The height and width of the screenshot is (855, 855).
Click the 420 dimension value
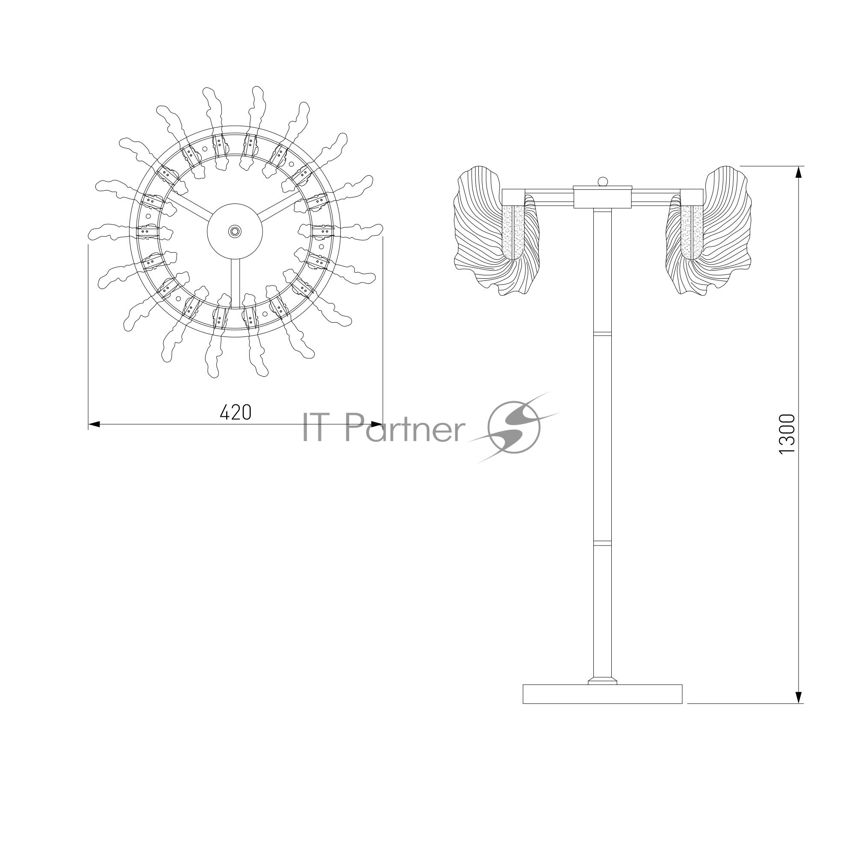pos(236,412)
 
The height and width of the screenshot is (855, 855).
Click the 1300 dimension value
pos(787,433)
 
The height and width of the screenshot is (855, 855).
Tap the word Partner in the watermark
pos(403,428)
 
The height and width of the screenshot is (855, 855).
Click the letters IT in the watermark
pos(317,427)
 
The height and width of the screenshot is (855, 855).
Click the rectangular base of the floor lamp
pos(602,694)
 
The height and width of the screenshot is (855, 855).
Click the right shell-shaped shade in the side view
pos(708,230)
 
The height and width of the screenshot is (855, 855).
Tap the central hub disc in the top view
pos(235,231)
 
